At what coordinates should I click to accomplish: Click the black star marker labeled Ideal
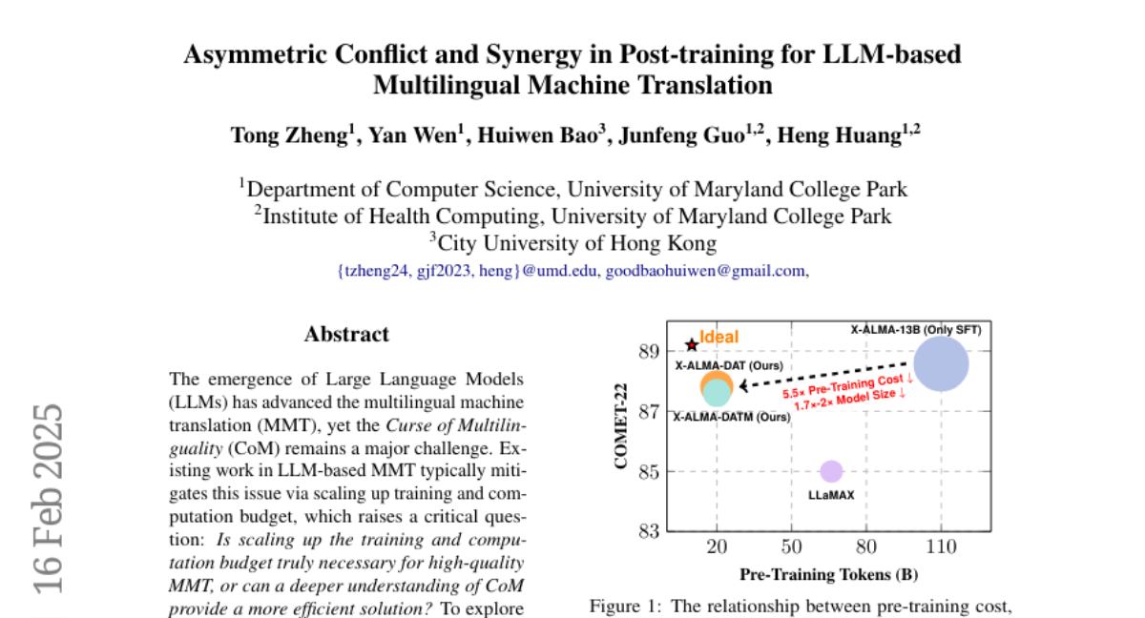coord(692,344)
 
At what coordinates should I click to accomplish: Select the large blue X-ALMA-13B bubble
coord(941,364)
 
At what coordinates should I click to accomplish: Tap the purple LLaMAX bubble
coord(831,471)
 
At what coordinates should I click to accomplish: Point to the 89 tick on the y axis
coord(648,352)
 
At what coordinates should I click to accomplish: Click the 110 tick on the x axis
coord(941,546)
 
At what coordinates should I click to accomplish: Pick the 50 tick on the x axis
coord(791,546)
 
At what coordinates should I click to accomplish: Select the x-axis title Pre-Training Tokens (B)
coord(828,575)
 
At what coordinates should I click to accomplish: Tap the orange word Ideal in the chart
coord(719,337)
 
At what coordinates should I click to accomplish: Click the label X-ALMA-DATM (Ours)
coord(732,417)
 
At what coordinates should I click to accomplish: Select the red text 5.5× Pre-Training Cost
coord(847,386)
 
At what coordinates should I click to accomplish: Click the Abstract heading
coord(346,335)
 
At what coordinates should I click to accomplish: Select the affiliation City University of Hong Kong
coord(575,243)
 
